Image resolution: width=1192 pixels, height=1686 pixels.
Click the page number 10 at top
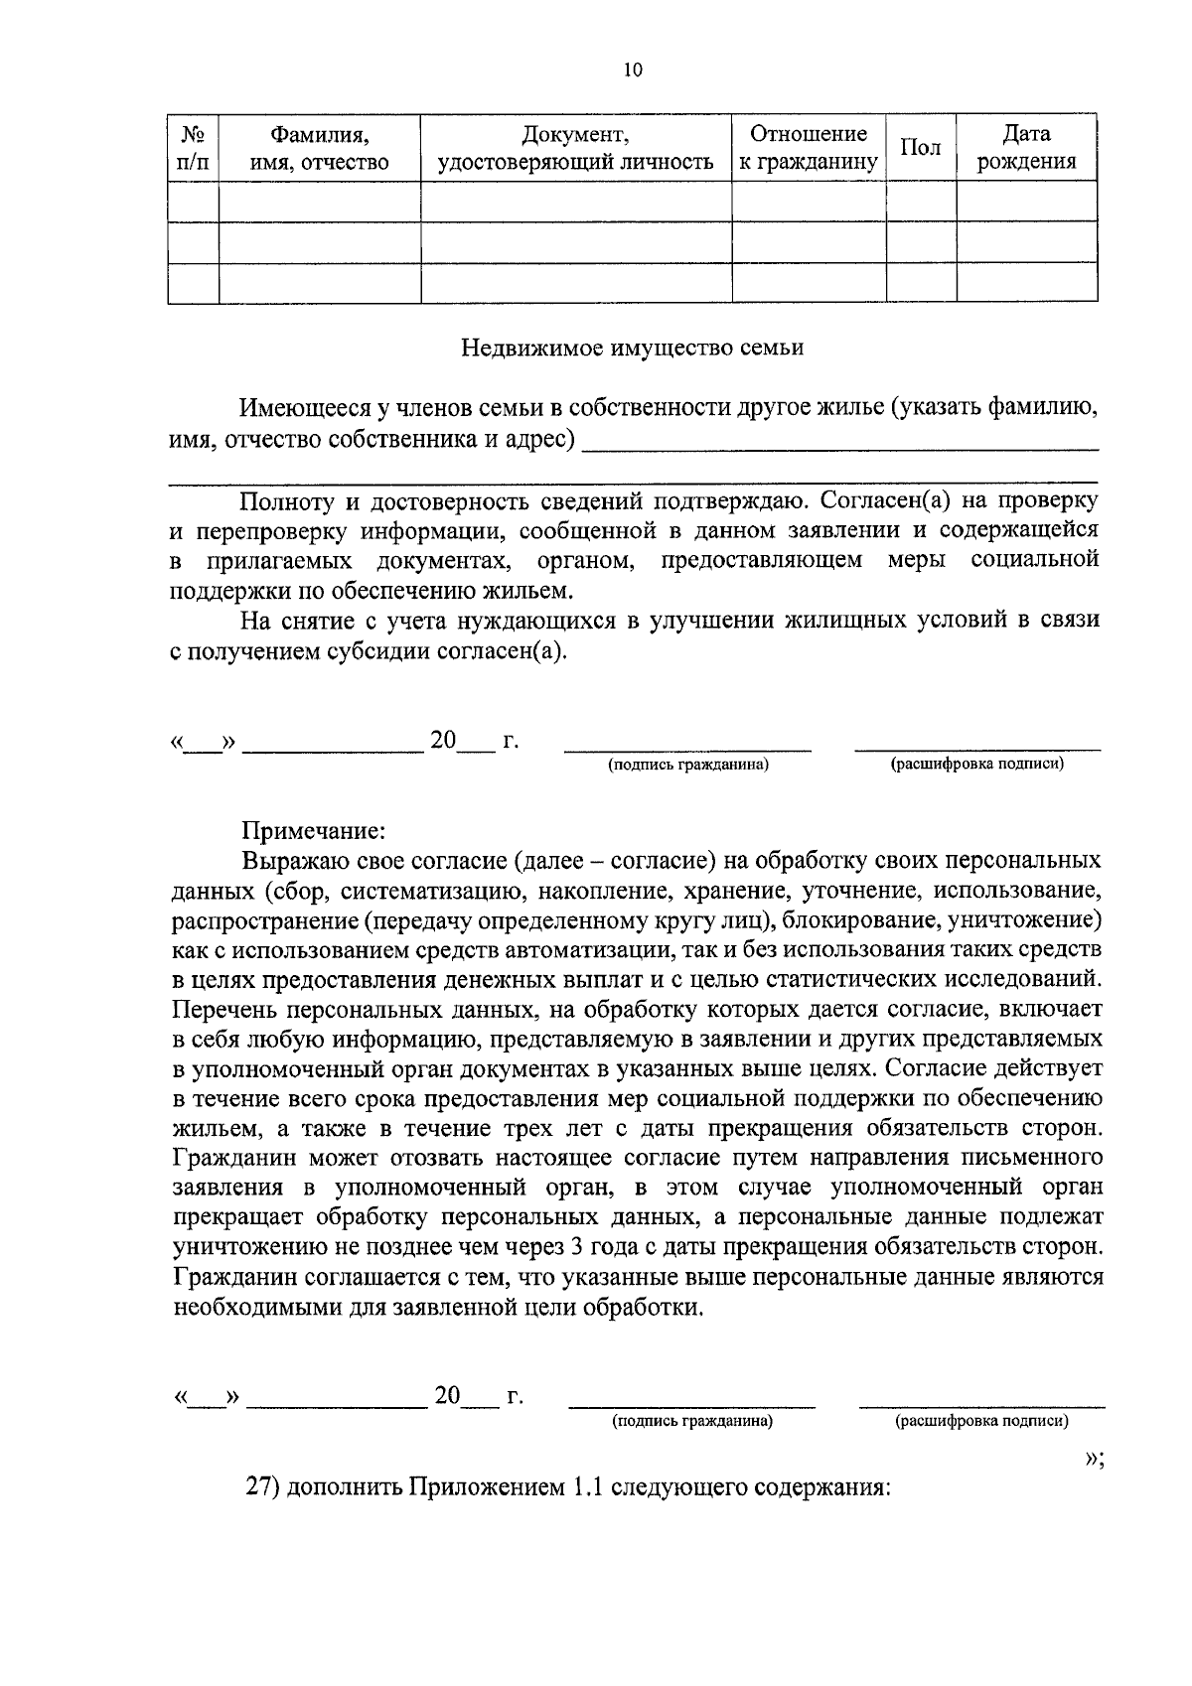tap(633, 70)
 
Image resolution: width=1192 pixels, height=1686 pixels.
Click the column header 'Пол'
tap(920, 148)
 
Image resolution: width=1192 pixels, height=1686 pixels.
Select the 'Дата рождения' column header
tap(1026, 148)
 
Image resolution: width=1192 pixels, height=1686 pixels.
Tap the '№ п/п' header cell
tap(193, 148)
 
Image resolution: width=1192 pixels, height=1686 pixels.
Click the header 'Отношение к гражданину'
tap(808, 148)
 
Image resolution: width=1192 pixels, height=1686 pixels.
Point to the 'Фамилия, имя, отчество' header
tap(319, 148)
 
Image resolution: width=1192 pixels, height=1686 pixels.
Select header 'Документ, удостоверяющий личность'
tap(576, 148)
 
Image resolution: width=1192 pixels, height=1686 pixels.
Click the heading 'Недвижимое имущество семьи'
tap(633, 348)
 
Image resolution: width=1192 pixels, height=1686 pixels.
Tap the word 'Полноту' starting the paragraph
tap(281, 500)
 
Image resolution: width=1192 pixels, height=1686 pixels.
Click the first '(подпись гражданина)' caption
tap(688, 765)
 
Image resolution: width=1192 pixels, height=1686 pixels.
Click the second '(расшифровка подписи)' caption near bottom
tap(981, 1421)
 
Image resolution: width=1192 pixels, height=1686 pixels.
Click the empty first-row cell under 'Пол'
tap(920, 202)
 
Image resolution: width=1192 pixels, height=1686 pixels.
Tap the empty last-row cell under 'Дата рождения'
tap(1026, 282)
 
